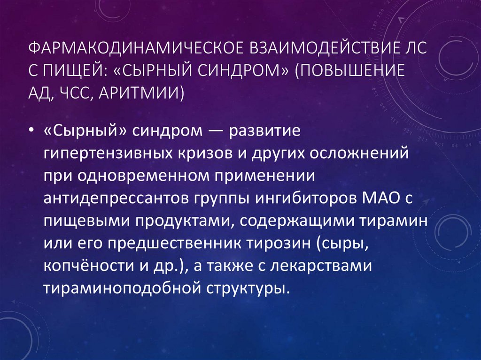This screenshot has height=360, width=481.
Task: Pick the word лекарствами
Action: (331, 266)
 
